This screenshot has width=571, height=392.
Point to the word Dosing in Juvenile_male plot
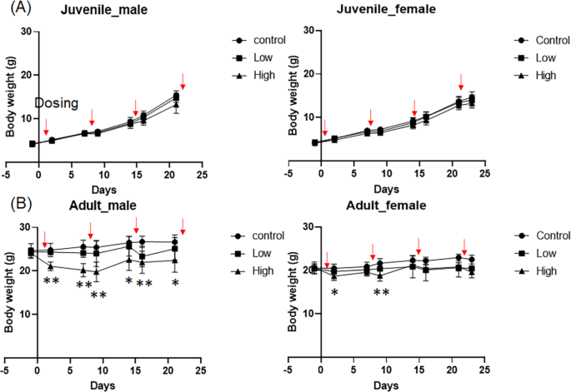56,103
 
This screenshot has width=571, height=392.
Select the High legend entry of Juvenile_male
261,76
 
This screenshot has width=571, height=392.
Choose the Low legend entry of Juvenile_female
544,57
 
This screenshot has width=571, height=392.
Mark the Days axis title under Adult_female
385,386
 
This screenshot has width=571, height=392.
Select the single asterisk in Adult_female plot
334,293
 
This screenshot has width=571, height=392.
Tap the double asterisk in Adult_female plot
381,293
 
